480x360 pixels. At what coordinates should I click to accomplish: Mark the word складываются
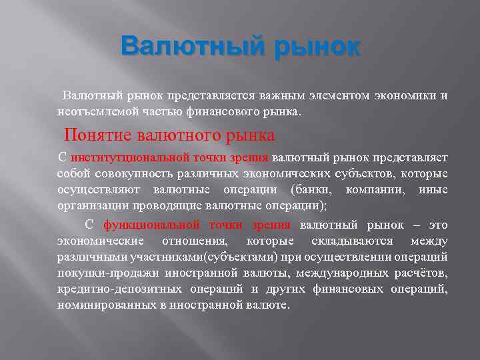coord(353,241)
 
